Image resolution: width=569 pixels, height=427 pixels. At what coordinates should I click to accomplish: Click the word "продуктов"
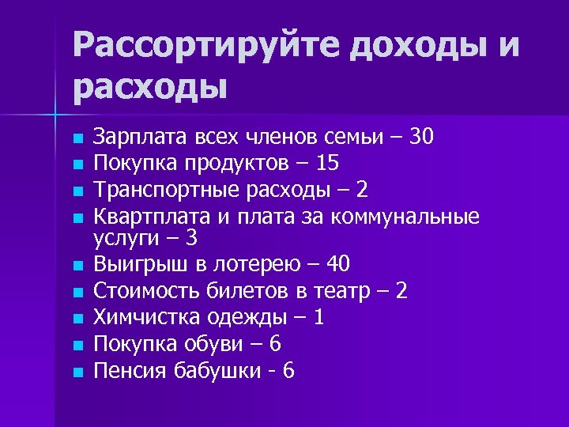point(242,164)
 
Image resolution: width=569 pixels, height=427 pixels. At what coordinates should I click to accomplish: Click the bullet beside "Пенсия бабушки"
point(77,371)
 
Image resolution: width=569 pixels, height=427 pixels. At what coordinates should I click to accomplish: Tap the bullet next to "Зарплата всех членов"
point(77,139)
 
